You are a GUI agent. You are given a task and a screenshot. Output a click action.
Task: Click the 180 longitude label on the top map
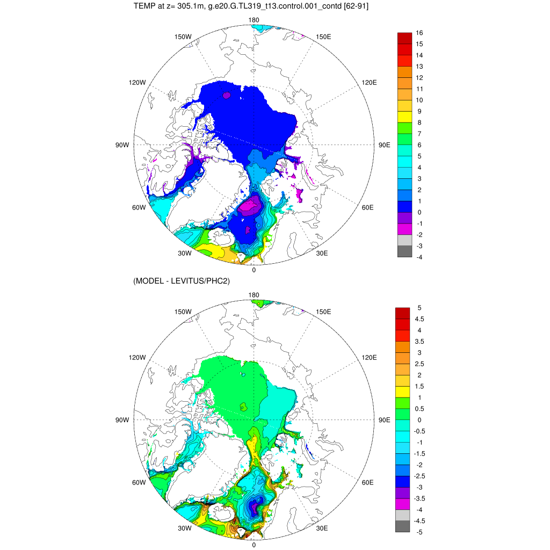click(x=254, y=20)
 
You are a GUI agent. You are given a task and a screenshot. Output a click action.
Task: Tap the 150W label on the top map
click(x=183, y=37)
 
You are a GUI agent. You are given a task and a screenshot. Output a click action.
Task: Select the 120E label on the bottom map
click(x=370, y=357)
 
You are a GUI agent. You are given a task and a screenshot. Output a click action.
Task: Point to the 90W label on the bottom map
click(x=122, y=420)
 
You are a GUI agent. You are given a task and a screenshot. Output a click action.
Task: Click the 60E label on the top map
click(x=368, y=207)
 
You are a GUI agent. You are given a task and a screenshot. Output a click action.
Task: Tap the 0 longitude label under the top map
click(x=254, y=270)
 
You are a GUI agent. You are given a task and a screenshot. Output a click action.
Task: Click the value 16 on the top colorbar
click(x=419, y=33)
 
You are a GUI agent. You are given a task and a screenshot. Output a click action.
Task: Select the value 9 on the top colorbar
click(x=418, y=111)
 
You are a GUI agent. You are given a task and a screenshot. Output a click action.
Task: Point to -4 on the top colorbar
click(x=419, y=257)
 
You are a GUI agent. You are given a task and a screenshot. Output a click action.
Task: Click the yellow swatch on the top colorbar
click(x=404, y=117)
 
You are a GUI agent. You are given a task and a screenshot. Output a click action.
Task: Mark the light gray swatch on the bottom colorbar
click(x=402, y=515)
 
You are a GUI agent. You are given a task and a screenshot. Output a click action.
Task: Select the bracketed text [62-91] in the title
click(x=354, y=6)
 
